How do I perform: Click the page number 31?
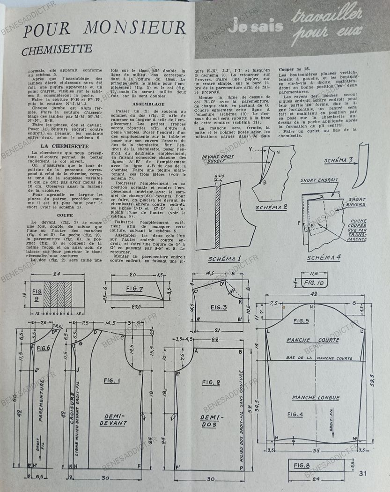[x=363, y=473]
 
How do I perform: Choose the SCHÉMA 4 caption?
[x=324, y=258]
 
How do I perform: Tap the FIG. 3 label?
[x=219, y=307]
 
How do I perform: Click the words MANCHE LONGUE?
[x=316, y=397]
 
